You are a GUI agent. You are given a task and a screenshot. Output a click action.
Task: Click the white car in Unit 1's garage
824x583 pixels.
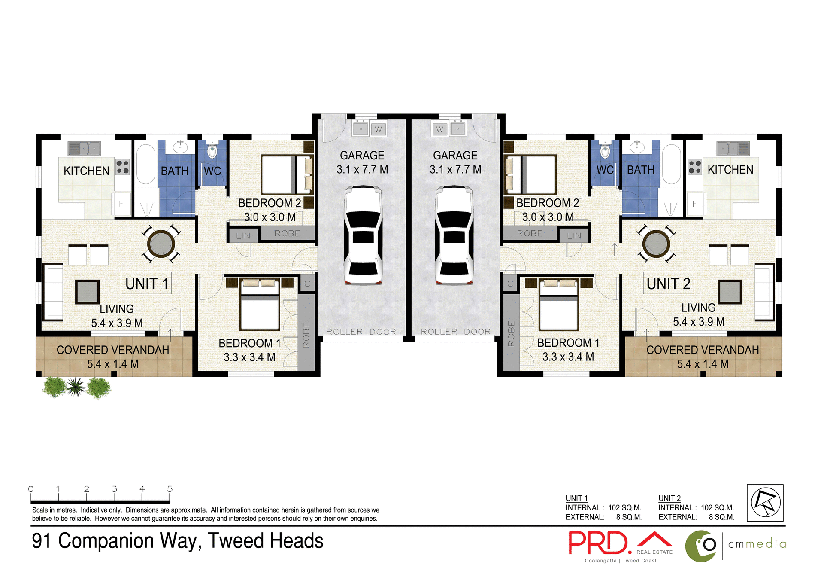(363, 235)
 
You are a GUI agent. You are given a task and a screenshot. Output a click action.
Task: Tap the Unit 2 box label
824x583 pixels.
(668, 284)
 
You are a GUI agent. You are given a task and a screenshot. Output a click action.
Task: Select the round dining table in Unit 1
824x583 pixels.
(161, 244)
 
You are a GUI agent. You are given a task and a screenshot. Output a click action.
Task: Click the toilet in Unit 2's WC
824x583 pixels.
(605, 151)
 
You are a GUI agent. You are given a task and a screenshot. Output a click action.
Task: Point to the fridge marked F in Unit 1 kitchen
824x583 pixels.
(121, 204)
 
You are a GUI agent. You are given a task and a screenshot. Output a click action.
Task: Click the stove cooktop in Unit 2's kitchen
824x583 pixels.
(694, 167)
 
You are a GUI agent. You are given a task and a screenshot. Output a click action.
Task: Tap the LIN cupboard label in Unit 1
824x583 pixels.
(243, 235)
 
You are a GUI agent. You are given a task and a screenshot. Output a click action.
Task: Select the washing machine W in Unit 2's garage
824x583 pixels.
(439, 129)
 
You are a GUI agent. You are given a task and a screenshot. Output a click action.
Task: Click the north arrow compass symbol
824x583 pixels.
(765, 503)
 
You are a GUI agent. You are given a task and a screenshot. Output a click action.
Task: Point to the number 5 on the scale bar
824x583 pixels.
(170, 489)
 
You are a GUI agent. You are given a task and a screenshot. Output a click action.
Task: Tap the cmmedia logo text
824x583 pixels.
(757, 544)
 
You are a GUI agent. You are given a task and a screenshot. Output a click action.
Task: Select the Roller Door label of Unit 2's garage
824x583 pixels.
(455, 331)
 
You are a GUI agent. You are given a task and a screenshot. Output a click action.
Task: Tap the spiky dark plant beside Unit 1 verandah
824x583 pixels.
(76, 387)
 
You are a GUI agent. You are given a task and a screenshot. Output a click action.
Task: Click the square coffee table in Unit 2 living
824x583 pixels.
(730, 292)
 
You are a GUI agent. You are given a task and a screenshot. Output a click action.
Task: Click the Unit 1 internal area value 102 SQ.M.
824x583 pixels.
(624, 507)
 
